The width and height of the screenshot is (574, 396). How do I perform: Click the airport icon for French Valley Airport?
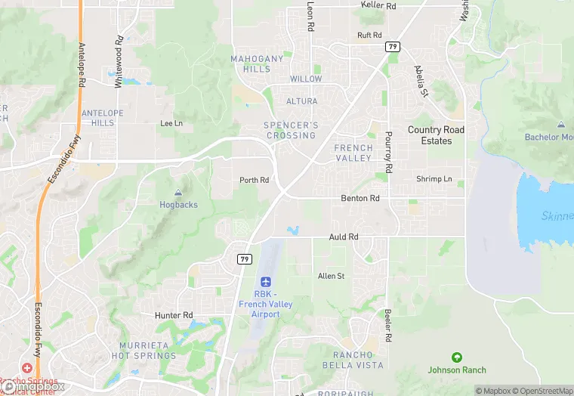tap(265, 281)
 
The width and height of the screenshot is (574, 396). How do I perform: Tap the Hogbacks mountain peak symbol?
tap(178, 193)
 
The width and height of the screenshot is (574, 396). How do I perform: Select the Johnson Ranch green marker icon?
tap(456, 357)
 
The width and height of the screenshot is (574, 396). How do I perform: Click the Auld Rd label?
tap(344, 237)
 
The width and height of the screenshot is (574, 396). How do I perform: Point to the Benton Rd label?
tap(360, 198)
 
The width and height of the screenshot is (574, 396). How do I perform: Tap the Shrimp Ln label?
tap(434, 179)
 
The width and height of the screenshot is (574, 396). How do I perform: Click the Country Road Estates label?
tap(436, 135)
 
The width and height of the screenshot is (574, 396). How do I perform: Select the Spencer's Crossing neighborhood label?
tap(291, 130)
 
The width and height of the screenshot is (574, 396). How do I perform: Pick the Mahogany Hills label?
tap(257, 63)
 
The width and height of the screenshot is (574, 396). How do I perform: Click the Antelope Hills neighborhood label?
tap(97, 118)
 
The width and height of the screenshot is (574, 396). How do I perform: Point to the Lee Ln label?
tap(171, 123)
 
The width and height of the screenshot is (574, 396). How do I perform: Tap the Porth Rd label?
tap(254, 181)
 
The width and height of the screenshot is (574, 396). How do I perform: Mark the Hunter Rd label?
tap(174, 315)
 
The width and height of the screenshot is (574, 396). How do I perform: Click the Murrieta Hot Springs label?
tap(143, 351)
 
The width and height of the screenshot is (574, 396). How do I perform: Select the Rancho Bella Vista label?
tap(358, 360)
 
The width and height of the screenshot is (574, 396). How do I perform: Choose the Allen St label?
tap(331, 277)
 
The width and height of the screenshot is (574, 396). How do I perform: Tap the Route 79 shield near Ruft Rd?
tap(392, 47)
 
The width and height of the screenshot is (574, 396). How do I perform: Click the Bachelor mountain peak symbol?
tap(560, 125)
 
